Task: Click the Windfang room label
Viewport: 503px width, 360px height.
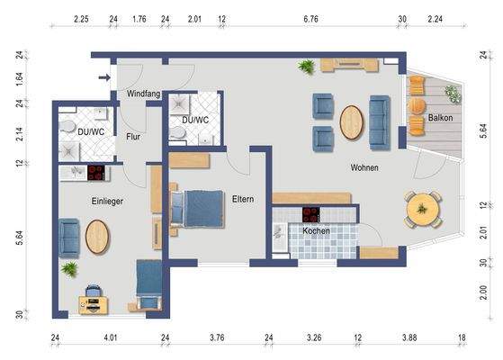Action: click(x=144, y=94)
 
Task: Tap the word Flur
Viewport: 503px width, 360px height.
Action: click(x=133, y=137)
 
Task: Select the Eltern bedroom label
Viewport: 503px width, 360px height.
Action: click(x=243, y=199)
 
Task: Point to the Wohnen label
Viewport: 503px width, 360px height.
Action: click(x=364, y=168)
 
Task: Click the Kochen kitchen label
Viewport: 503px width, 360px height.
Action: click(x=316, y=231)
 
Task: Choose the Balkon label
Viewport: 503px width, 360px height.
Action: click(x=440, y=118)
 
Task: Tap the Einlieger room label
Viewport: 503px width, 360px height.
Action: click(x=106, y=202)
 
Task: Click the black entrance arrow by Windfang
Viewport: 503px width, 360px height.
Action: click(x=104, y=78)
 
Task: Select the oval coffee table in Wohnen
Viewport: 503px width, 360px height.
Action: click(x=351, y=122)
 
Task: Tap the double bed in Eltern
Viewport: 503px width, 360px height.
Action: click(x=194, y=209)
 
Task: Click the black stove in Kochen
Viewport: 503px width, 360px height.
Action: click(x=310, y=214)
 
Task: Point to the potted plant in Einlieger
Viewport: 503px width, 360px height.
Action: click(x=68, y=268)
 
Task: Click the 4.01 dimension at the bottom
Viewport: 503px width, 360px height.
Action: click(x=111, y=338)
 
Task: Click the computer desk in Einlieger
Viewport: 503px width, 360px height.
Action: click(x=92, y=299)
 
